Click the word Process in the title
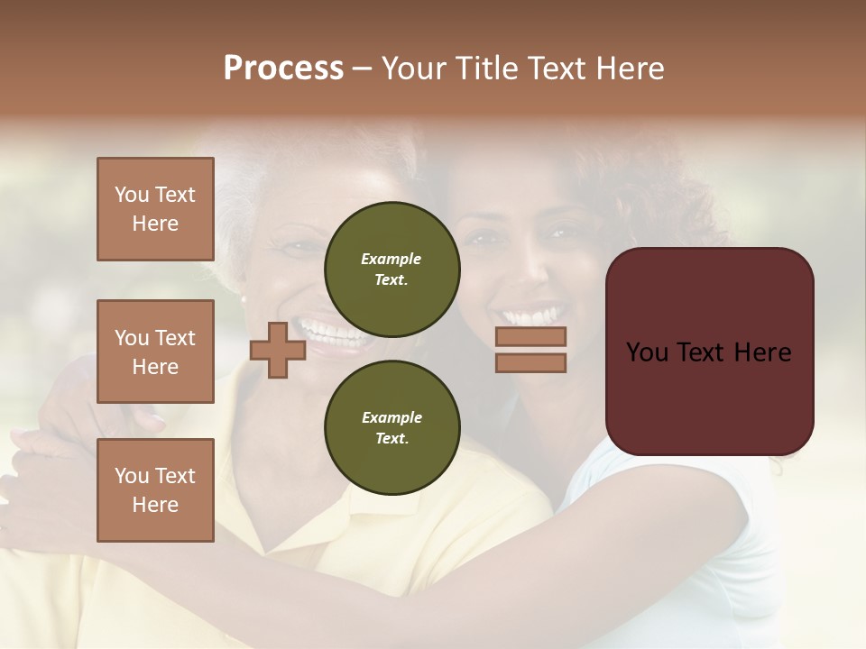coord(283,69)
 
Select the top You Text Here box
coord(155,209)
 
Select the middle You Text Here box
coord(155,352)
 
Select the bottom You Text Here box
coord(155,489)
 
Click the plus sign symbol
coord(278,350)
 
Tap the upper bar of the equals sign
coord(530,336)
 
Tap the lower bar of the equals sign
coord(530,362)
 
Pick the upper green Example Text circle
coord(392,269)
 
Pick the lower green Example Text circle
coord(392,427)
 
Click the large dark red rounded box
coord(709,397)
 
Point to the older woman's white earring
coord(243,298)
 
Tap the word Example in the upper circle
coord(392,260)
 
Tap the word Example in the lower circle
coord(392,417)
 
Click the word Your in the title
coord(414,69)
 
